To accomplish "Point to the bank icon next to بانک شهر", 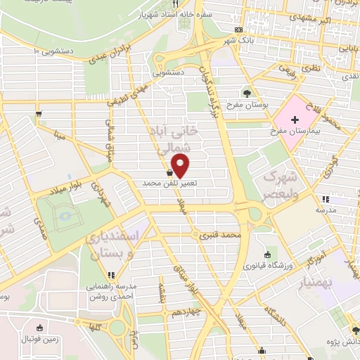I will click(238, 30).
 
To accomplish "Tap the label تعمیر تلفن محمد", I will click(170, 183).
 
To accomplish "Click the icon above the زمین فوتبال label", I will click(40, 328).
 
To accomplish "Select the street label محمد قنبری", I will click(221, 234).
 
